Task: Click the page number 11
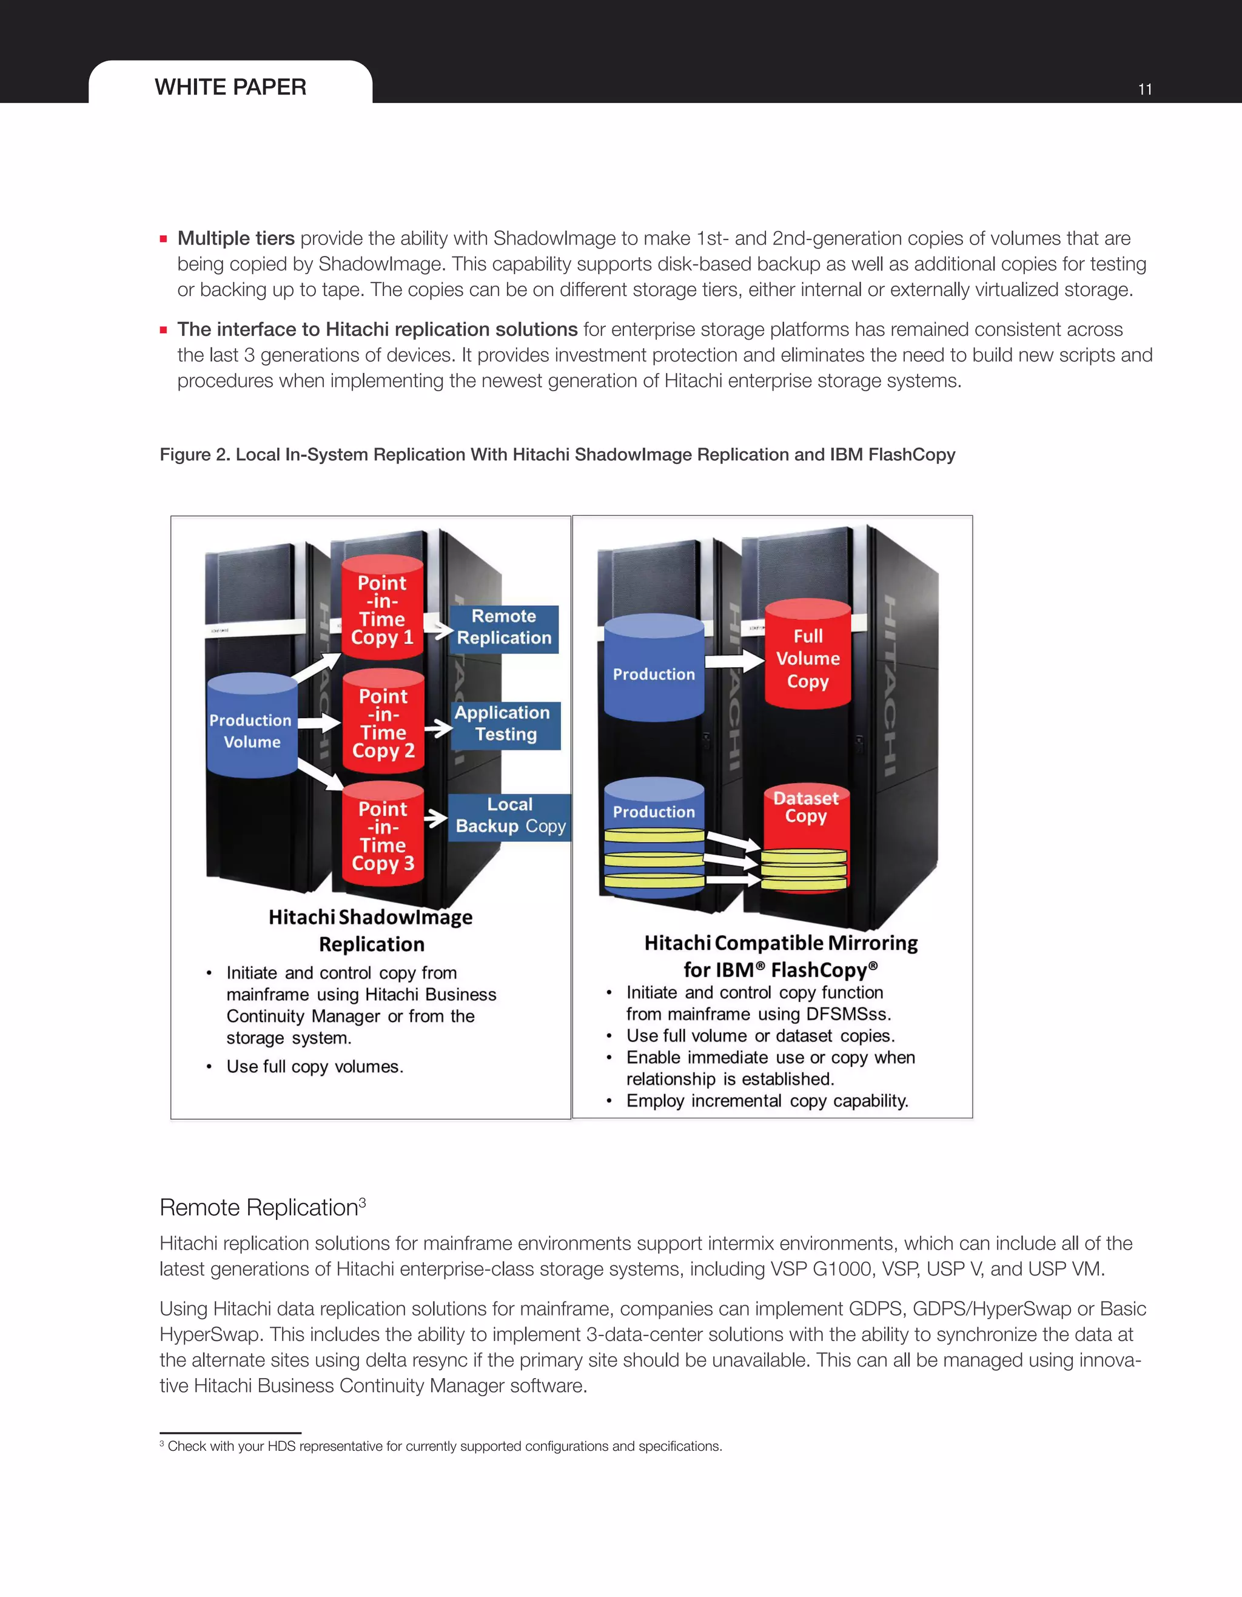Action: pos(1145,89)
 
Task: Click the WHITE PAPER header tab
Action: pos(230,87)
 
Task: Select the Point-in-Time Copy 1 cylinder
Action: pos(382,609)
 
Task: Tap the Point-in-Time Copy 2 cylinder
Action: pos(383,723)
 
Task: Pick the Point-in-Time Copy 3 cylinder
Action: pos(382,836)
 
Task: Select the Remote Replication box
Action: pos(504,627)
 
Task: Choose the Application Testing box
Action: pos(505,724)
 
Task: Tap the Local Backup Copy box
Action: pos(509,816)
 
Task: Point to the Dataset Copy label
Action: pos(805,807)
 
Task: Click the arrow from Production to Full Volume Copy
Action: pos(734,661)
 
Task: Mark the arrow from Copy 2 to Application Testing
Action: pos(438,728)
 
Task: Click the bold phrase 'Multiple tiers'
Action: pos(235,238)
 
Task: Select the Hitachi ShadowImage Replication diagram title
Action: pos(371,930)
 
